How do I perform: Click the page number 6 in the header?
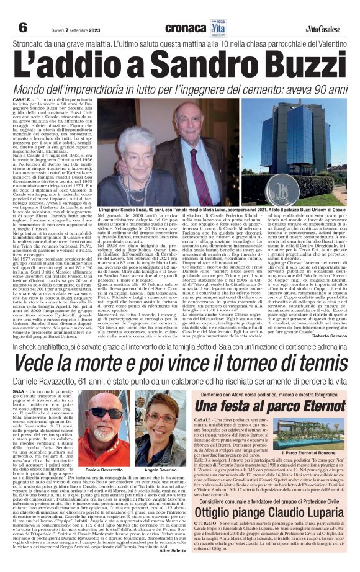(x=23, y=28)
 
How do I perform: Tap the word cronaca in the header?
(x=184, y=28)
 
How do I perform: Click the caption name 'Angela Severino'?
(x=161, y=453)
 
